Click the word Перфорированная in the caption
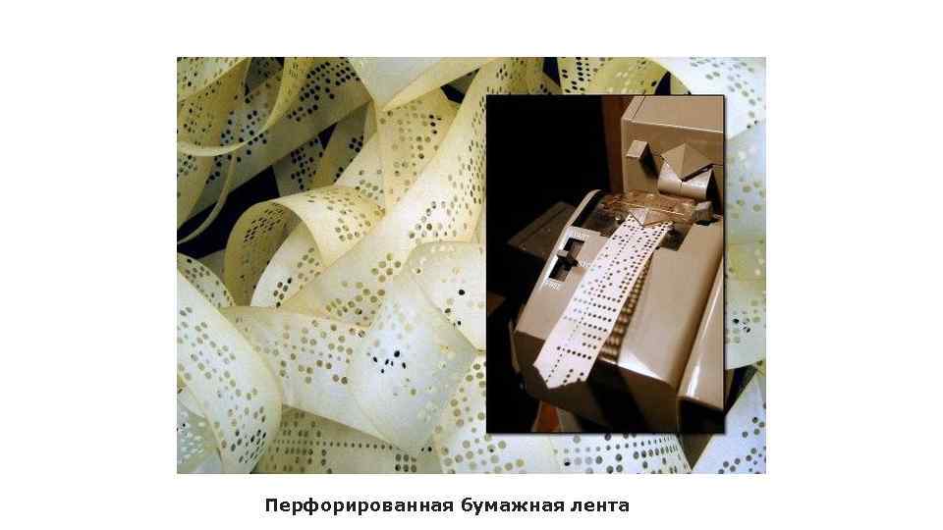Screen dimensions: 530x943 [360, 506]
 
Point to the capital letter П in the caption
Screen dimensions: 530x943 [272, 506]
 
